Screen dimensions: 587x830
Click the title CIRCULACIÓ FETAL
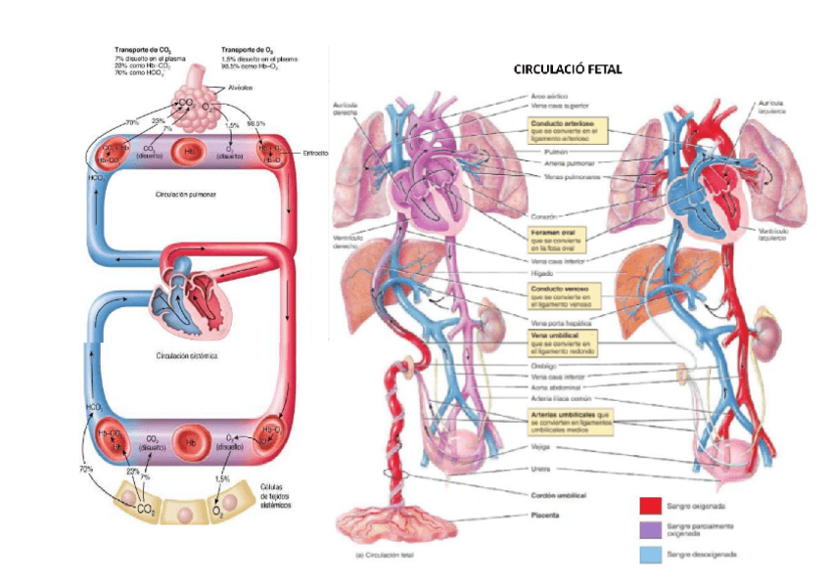pos(568,69)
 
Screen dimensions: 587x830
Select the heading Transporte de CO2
pos(145,48)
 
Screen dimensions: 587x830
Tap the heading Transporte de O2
pos(248,48)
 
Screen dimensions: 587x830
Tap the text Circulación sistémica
pos(186,356)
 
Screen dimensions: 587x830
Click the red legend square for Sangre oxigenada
pos(650,506)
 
